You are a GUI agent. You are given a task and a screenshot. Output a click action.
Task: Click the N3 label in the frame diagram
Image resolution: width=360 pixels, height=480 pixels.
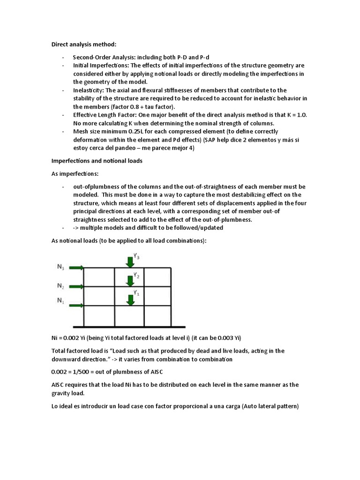[61, 267]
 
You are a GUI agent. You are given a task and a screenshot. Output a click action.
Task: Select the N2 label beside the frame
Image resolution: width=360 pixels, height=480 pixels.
[61, 285]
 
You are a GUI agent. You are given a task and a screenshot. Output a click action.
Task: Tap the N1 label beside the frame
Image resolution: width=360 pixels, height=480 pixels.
[61, 300]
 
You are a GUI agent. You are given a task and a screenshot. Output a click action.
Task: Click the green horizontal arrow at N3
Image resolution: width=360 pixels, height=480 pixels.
[76, 268]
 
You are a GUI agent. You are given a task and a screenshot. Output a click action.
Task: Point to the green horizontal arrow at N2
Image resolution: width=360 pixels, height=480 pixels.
[76, 286]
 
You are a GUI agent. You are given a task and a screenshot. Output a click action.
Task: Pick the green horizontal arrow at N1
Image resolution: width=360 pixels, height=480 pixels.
[76, 306]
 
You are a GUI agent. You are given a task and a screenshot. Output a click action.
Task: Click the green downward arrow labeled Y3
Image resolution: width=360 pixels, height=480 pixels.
[130, 261]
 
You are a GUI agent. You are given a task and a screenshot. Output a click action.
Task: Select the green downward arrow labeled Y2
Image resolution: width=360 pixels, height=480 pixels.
[130, 280]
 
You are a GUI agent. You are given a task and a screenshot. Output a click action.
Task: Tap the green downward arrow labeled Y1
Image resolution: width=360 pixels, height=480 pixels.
[130, 299]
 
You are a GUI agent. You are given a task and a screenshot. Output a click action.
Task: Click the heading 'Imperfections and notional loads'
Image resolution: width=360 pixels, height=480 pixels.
[96, 161]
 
